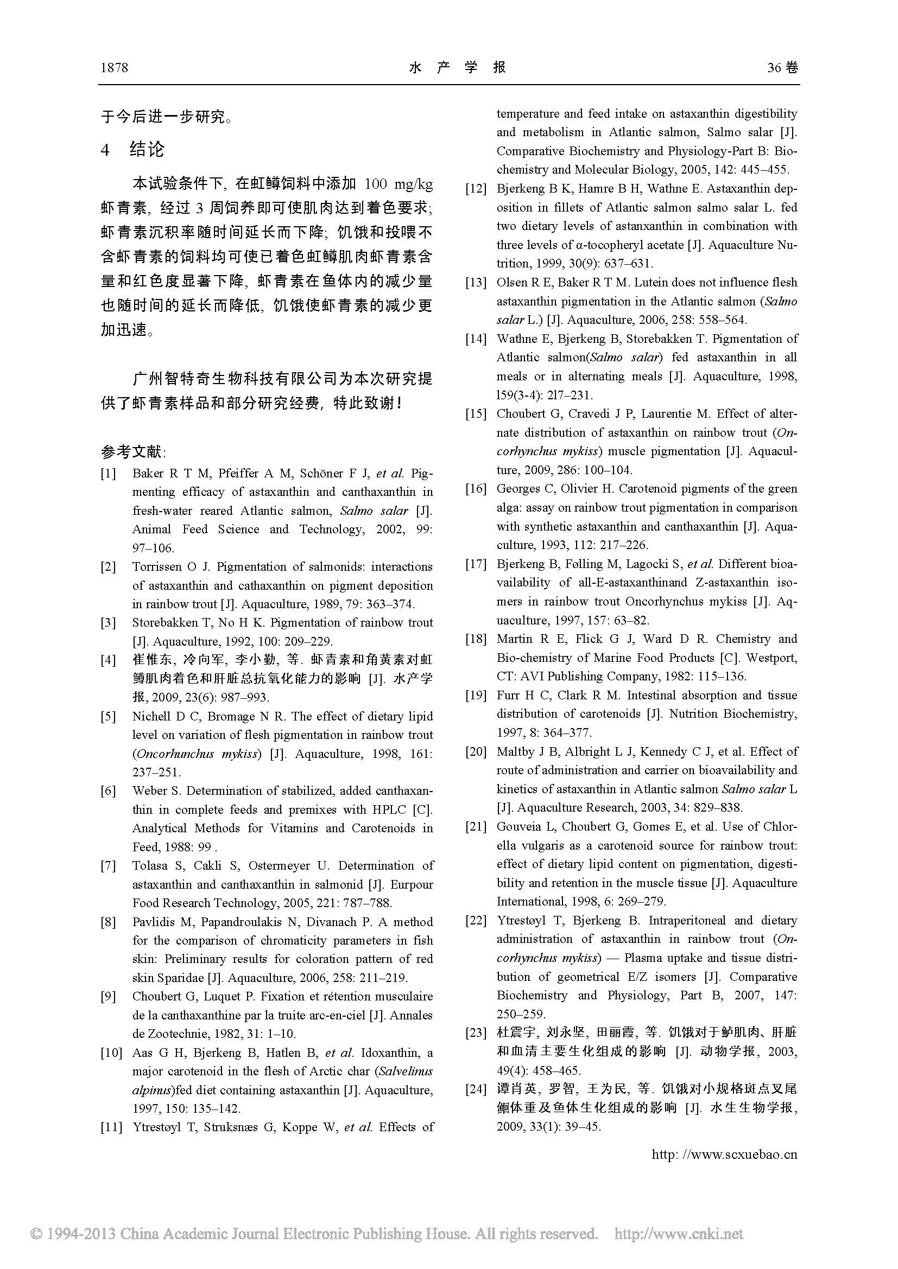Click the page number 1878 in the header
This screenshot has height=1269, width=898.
coord(115,68)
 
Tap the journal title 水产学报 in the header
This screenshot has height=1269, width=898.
coord(457,67)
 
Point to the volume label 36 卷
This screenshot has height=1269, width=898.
coord(782,68)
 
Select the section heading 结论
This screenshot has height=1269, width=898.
coord(147,149)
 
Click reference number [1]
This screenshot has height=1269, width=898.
coord(109,474)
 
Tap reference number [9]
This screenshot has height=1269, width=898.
coord(109,997)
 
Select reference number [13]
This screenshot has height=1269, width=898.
coord(476,283)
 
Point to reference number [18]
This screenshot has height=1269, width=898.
coord(476,640)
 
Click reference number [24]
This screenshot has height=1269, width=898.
coord(476,1089)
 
